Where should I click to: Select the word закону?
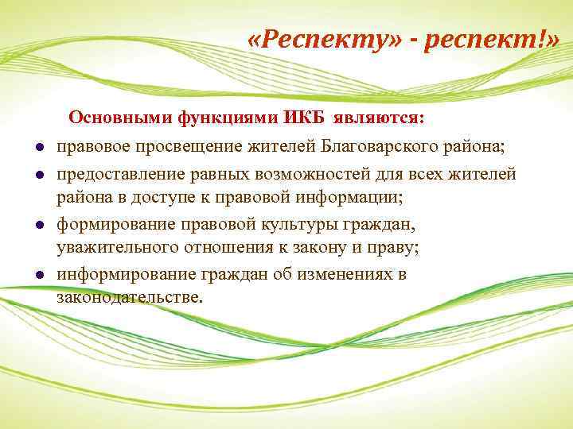[x=318, y=249]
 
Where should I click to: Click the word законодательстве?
[x=130, y=299]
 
